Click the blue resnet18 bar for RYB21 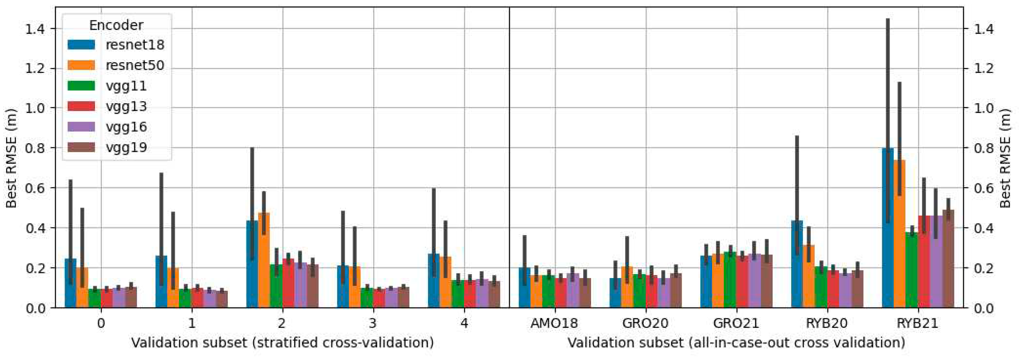tap(888, 237)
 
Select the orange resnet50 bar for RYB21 tap(899, 245)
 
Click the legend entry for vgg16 tap(126, 127)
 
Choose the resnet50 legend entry tap(134, 65)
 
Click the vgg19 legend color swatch tap(81, 148)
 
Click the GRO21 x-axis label tap(736, 323)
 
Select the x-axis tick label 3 tap(373, 323)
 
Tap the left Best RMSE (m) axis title tap(11, 158)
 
